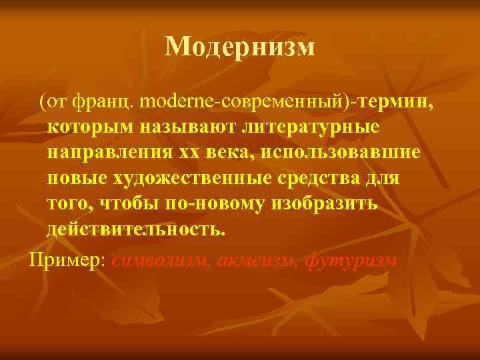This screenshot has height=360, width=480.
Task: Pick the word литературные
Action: click(298, 129)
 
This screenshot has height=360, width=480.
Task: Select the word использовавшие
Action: click(341, 154)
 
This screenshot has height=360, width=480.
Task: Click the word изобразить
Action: click(326, 205)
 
